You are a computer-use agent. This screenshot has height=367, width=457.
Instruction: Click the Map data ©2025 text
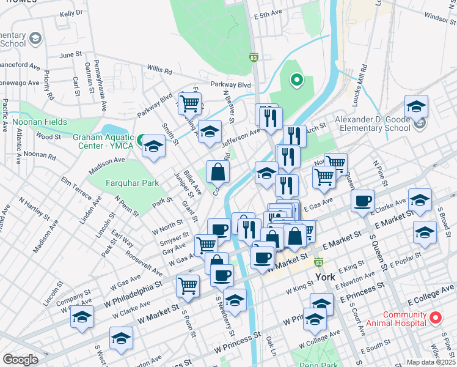(x=431, y=362)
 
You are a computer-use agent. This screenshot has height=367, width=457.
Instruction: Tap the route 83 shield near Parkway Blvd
(x=253, y=57)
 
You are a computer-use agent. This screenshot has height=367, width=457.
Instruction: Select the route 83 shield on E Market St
(x=318, y=262)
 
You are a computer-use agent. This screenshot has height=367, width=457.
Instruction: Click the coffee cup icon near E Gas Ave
(x=362, y=201)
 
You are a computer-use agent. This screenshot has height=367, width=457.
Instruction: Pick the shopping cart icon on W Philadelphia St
(x=188, y=284)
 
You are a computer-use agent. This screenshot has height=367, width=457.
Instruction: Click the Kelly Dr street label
(x=71, y=12)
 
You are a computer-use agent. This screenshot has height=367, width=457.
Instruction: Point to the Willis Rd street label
(x=159, y=70)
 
